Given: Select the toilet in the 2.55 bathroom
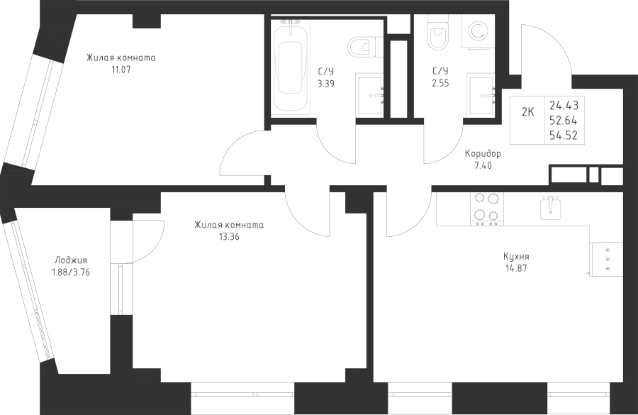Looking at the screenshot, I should click(437, 33).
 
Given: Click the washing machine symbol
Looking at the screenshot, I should click(478, 32).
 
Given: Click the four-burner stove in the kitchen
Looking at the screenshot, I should click(486, 209).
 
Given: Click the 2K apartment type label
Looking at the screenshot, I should click(528, 111).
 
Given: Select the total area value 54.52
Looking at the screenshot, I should click(564, 133).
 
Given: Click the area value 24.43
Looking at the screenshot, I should click(564, 106).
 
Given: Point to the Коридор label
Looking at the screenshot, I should click(483, 154).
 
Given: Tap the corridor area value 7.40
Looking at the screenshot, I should click(483, 165).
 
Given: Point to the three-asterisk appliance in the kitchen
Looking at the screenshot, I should click(607, 258).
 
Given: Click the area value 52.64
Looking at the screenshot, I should click(564, 120).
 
